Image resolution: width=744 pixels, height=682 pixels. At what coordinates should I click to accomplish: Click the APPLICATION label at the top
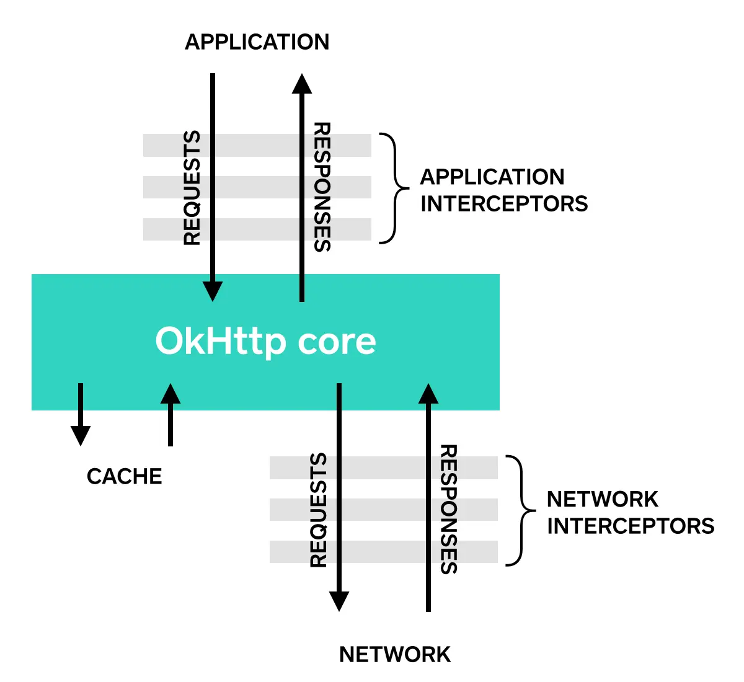pos(257,42)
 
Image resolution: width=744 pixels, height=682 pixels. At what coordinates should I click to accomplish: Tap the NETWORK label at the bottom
pos(395,654)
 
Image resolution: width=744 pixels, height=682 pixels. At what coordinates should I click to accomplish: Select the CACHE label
pos(124,476)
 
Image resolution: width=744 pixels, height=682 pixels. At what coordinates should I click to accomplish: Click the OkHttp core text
pos(265,342)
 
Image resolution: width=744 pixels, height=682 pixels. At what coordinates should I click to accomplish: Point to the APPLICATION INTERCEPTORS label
pos(503,190)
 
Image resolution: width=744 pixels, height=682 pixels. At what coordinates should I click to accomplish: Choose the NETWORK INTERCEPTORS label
pos(631,512)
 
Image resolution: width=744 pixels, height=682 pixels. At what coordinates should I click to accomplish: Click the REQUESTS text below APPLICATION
pos(192,188)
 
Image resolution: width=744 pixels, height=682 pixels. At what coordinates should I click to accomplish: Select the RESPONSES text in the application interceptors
pos(322,187)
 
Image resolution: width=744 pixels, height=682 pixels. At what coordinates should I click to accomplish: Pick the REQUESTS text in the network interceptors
pos(319,510)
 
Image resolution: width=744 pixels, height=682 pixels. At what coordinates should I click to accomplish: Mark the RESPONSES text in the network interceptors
pos(448,510)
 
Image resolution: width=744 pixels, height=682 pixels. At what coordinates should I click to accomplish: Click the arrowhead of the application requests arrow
pos(213,291)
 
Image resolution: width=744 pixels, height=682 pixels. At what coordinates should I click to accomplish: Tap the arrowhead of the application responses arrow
pos(302,84)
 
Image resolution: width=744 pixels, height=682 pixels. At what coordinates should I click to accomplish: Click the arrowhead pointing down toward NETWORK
pos(339,601)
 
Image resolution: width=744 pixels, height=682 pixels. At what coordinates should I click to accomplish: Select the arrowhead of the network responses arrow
pos(428,393)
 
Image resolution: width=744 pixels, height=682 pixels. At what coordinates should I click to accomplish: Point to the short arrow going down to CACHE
pos(81,414)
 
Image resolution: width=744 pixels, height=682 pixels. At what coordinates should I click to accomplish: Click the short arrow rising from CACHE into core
pos(170,414)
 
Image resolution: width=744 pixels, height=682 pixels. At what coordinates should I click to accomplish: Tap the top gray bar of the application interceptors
pos(257,146)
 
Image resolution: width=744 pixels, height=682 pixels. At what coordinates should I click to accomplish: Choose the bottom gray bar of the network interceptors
pos(384,552)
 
